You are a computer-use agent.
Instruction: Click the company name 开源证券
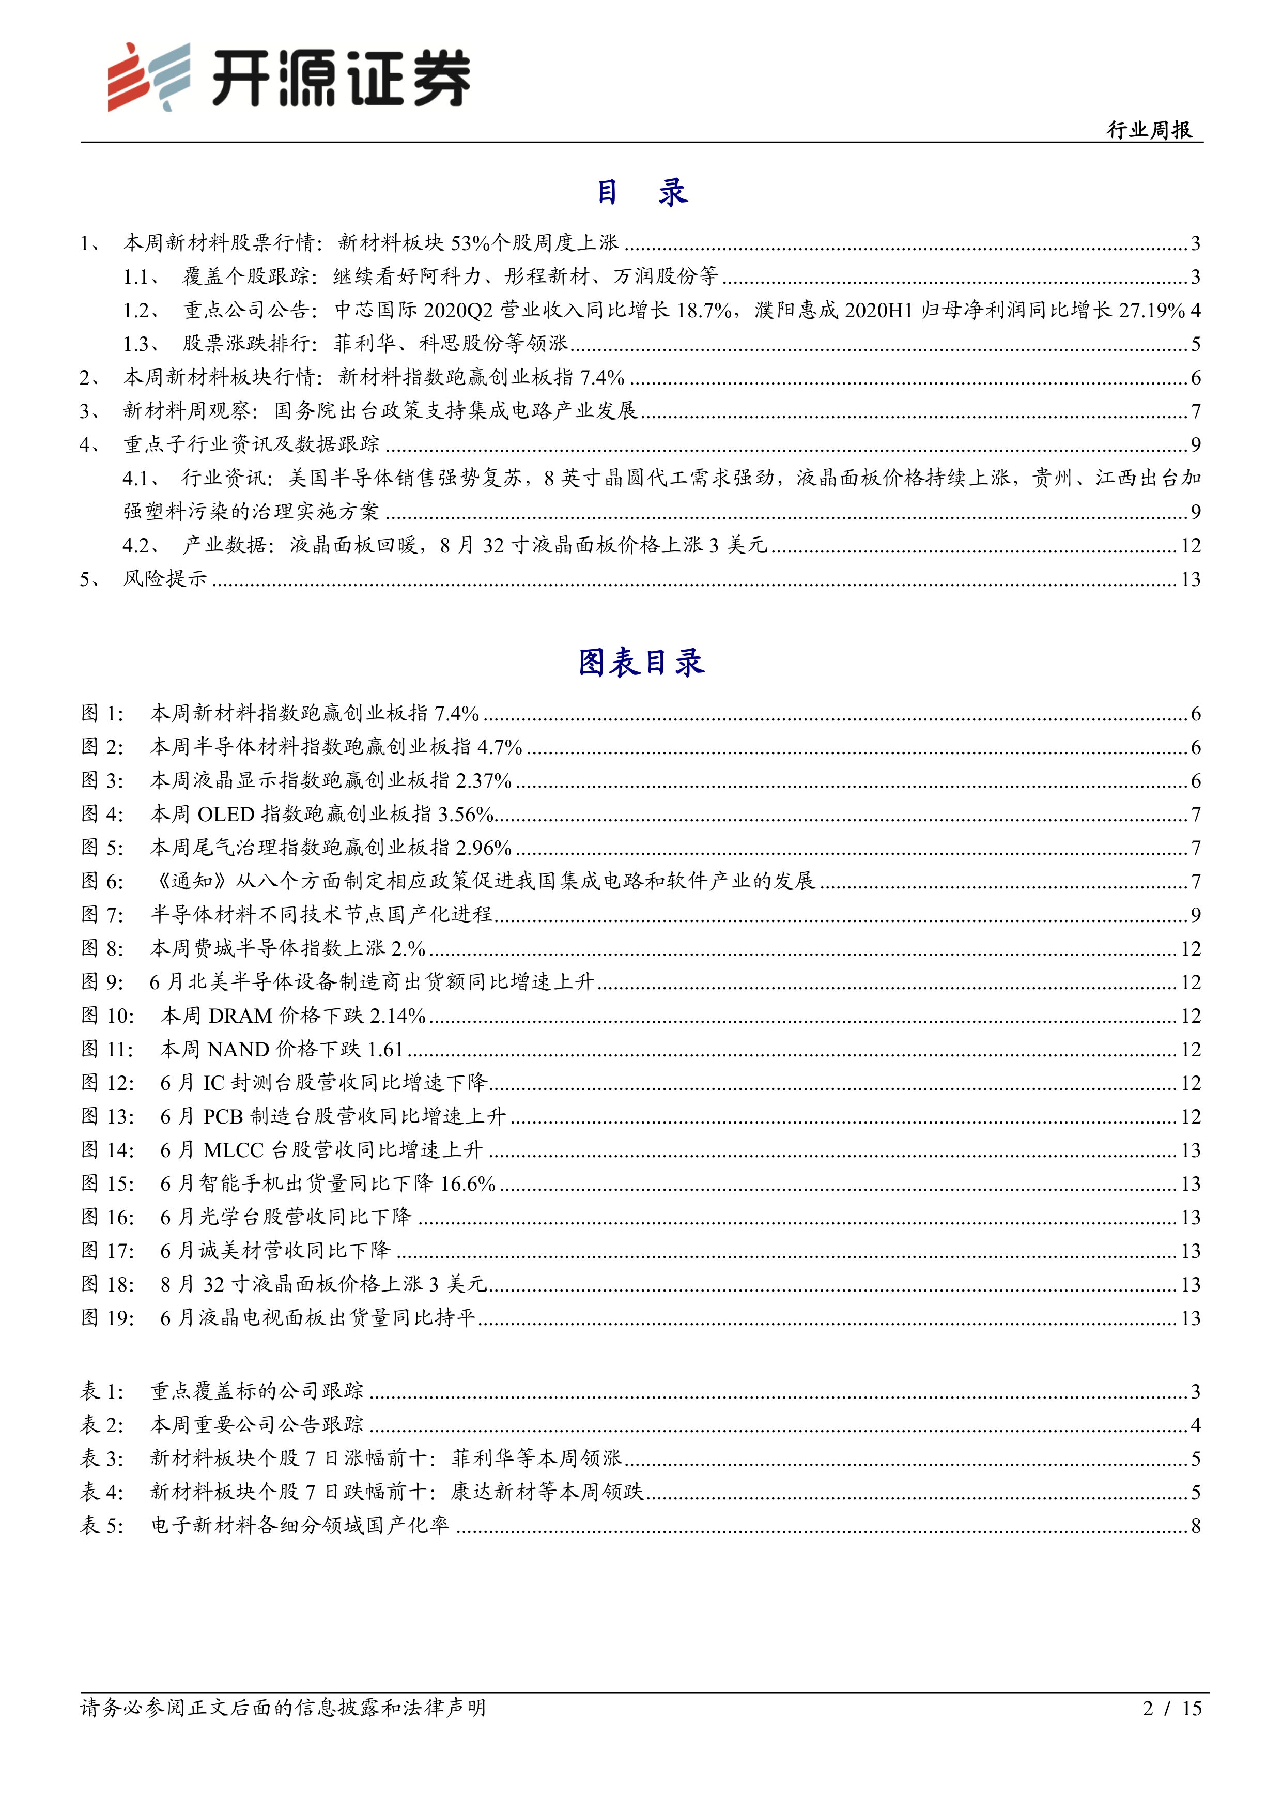[x=341, y=78]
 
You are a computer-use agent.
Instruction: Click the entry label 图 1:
[x=103, y=714]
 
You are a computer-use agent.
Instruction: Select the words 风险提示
[x=165, y=579]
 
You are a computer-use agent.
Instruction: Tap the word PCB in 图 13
[x=223, y=1116]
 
